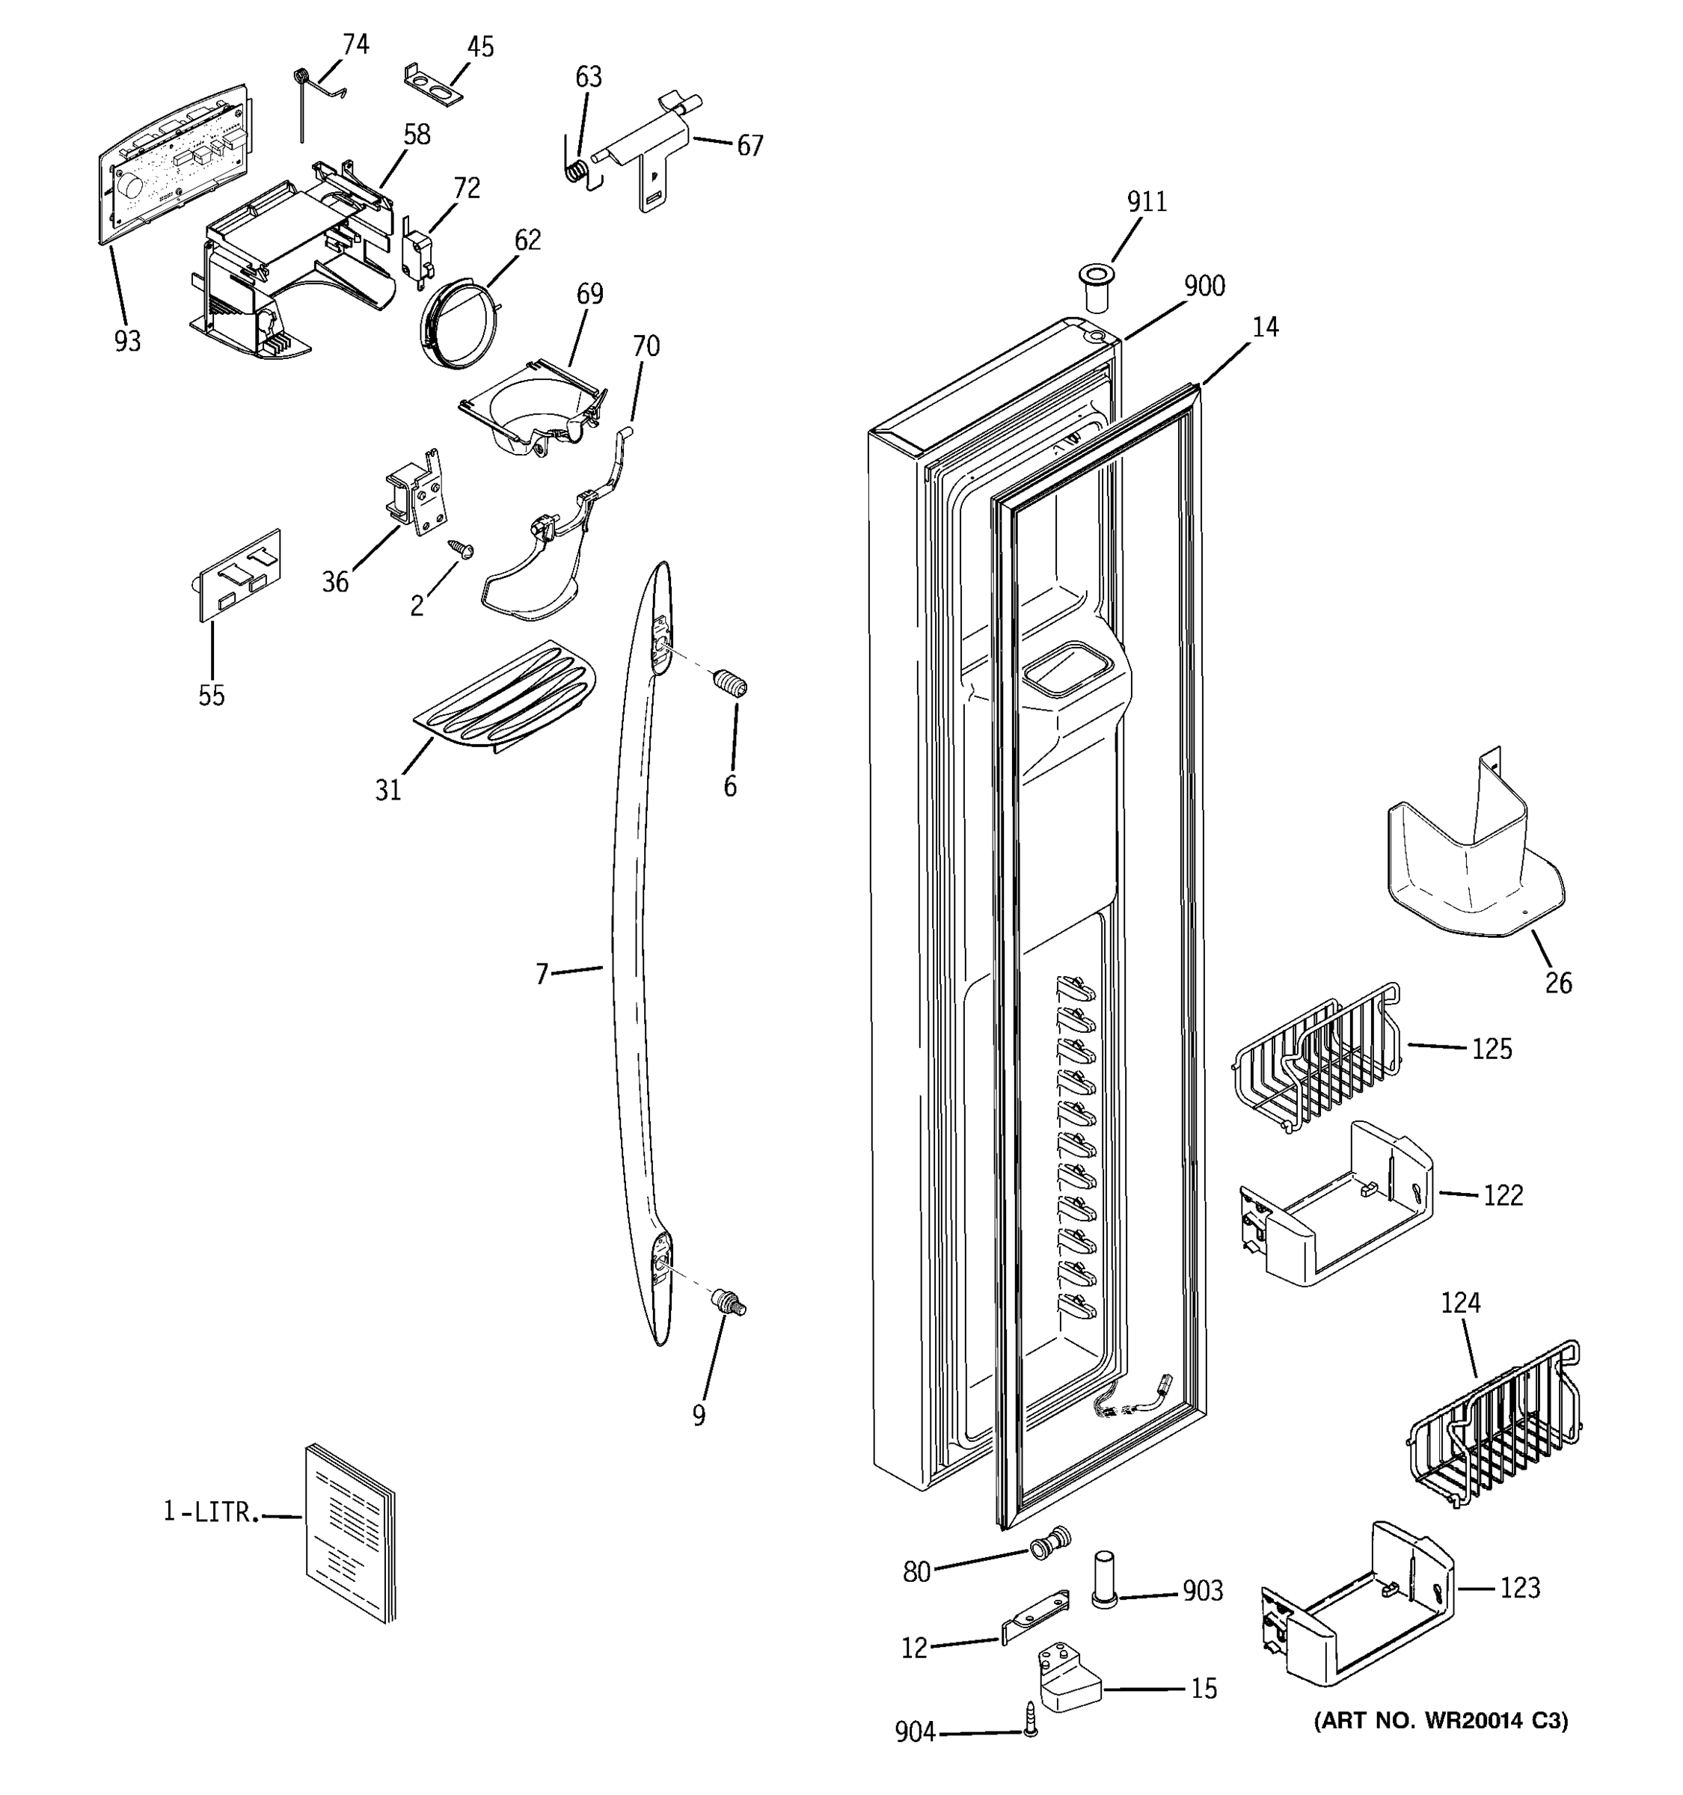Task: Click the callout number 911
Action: (1146, 201)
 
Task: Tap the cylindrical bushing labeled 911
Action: (1096, 287)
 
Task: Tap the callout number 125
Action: (1491, 1049)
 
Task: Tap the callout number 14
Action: (1265, 328)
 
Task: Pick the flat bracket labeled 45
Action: (433, 80)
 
